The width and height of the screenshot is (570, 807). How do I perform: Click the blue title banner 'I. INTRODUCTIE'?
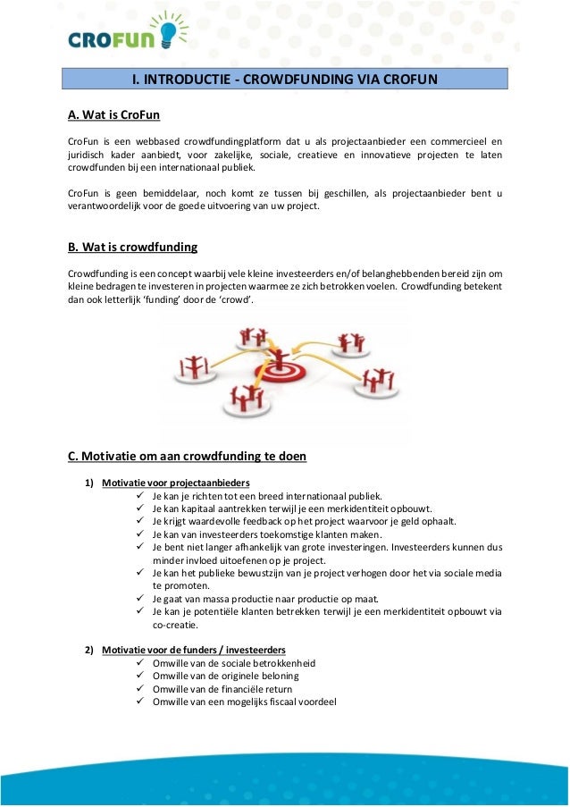point(284,80)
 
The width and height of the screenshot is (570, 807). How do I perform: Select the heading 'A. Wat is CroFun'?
point(113,115)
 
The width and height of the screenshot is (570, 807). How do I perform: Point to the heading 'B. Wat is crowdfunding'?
point(132,247)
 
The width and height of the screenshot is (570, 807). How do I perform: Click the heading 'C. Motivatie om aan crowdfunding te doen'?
point(187,457)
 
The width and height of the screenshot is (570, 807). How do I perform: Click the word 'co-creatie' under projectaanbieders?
point(177,626)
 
